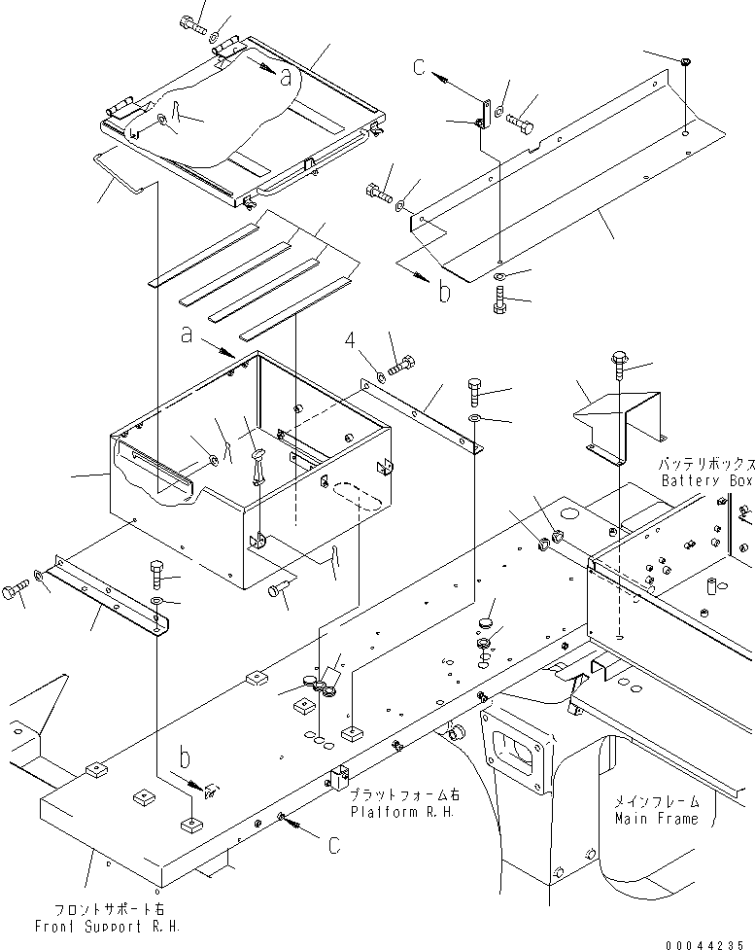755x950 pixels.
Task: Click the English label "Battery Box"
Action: [x=706, y=481]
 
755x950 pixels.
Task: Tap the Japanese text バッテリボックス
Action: [x=706, y=465]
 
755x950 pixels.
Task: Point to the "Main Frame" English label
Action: [x=655, y=819]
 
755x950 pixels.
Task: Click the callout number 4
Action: [x=356, y=341]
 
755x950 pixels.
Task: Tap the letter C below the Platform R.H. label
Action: [x=333, y=846]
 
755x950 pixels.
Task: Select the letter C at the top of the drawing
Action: [x=419, y=67]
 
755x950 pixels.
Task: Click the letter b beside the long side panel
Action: [x=443, y=292]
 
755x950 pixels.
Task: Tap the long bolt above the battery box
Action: [x=618, y=363]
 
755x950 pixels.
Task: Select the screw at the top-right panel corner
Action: [x=687, y=63]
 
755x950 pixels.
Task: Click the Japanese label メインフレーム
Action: [x=655, y=802]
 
